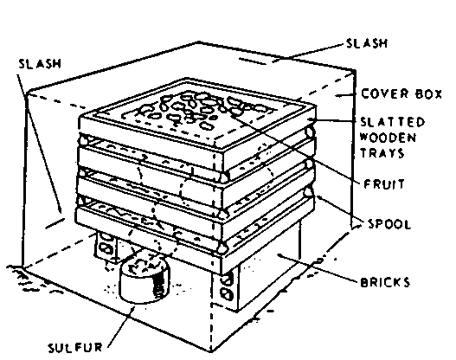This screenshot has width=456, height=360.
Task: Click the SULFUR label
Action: (x=75, y=347)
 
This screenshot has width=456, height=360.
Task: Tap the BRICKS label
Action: (x=385, y=282)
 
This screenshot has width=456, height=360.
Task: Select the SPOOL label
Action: (x=389, y=224)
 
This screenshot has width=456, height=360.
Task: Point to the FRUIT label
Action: (x=384, y=184)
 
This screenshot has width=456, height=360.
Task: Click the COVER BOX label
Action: (x=401, y=94)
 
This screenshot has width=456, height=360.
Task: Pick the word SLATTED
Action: (x=393, y=122)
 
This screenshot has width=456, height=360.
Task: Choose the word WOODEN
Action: (x=388, y=138)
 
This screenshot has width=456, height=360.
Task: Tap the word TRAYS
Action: (x=382, y=152)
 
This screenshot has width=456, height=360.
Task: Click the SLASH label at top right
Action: (x=367, y=43)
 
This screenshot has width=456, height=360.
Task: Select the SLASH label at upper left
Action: (x=40, y=64)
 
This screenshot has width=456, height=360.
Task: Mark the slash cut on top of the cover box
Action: (x=252, y=61)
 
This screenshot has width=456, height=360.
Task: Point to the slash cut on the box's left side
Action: (x=55, y=223)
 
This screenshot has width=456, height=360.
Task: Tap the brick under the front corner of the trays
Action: (x=226, y=289)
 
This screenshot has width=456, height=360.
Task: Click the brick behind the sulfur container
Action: (x=106, y=245)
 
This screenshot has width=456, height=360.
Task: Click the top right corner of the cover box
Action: (x=354, y=70)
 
